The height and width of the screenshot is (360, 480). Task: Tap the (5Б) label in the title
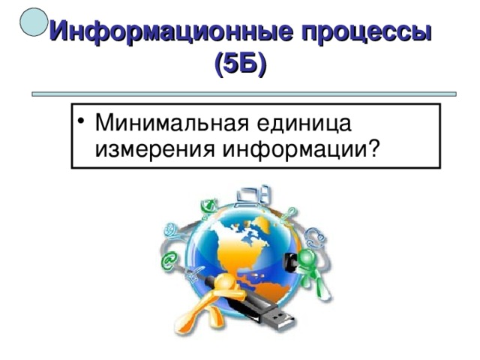pos(240,65)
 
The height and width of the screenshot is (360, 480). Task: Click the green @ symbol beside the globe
pos(168,260)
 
